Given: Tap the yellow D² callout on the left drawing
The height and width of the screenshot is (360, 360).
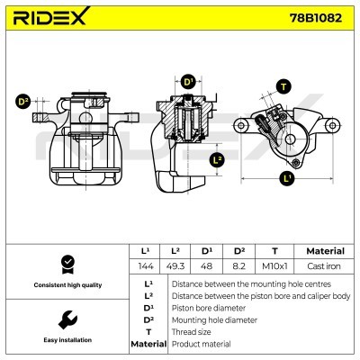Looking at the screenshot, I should [23, 101].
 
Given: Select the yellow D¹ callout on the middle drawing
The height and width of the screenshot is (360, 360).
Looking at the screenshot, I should [188, 83].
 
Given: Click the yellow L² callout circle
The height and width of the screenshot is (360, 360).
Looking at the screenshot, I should [216, 160].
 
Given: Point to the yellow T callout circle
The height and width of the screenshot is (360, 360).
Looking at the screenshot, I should [284, 86].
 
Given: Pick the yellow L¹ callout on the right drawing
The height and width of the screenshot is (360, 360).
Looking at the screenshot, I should [287, 178].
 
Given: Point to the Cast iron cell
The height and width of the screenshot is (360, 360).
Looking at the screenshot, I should [324, 267].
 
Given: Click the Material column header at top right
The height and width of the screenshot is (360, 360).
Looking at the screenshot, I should [324, 251].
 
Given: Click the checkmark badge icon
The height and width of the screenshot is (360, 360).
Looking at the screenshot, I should [65, 264].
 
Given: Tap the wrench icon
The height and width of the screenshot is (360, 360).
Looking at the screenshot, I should [65, 319].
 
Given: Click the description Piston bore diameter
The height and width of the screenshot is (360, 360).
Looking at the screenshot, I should [208, 306].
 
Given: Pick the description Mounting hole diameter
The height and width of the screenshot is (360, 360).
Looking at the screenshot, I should [212, 319].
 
